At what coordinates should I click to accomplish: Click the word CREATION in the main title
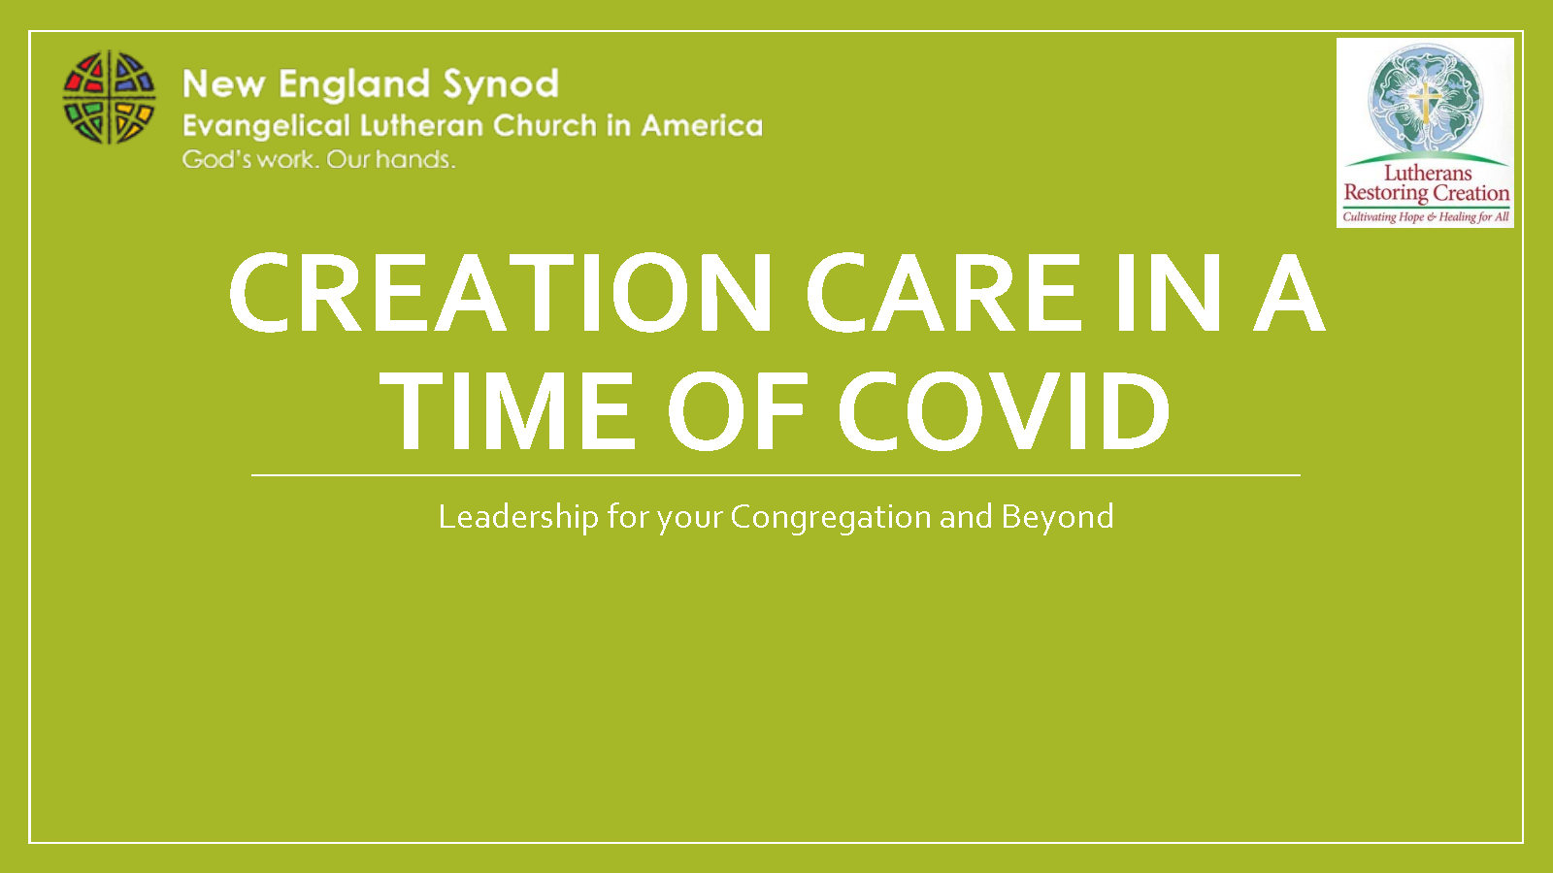click(x=501, y=292)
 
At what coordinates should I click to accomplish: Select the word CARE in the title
click(x=942, y=292)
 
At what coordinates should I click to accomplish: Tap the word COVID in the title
click(x=1005, y=411)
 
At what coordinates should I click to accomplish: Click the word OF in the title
click(x=737, y=411)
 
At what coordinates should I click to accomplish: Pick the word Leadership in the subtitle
click(x=518, y=518)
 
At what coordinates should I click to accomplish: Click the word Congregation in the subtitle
click(x=831, y=518)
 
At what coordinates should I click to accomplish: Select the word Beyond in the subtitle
click(x=1057, y=518)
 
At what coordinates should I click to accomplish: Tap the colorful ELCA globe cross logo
click(x=109, y=98)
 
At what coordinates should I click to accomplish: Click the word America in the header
click(x=702, y=125)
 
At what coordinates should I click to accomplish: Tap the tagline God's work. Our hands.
click(x=319, y=160)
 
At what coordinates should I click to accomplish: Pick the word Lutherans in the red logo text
click(x=1428, y=173)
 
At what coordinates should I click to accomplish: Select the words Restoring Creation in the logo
click(x=1426, y=193)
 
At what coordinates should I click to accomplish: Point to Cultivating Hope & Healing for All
click(x=1426, y=217)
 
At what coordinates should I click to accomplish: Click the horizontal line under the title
click(x=776, y=475)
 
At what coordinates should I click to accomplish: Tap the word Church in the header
click(x=545, y=125)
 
